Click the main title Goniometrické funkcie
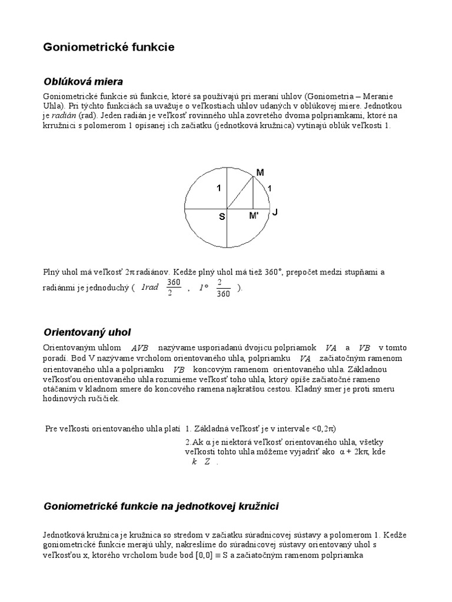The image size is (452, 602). (x=109, y=48)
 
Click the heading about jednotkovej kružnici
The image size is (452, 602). (x=161, y=506)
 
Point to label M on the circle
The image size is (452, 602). (x=260, y=172)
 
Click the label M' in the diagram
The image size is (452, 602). (x=254, y=216)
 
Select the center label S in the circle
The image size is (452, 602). (x=222, y=216)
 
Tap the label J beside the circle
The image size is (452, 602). (x=274, y=212)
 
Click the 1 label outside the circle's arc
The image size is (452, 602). (x=270, y=188)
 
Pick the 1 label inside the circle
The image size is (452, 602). (x=218, y=188)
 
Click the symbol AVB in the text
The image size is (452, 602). (x=139, y=348)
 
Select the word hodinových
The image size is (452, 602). (x=64, y=399)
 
